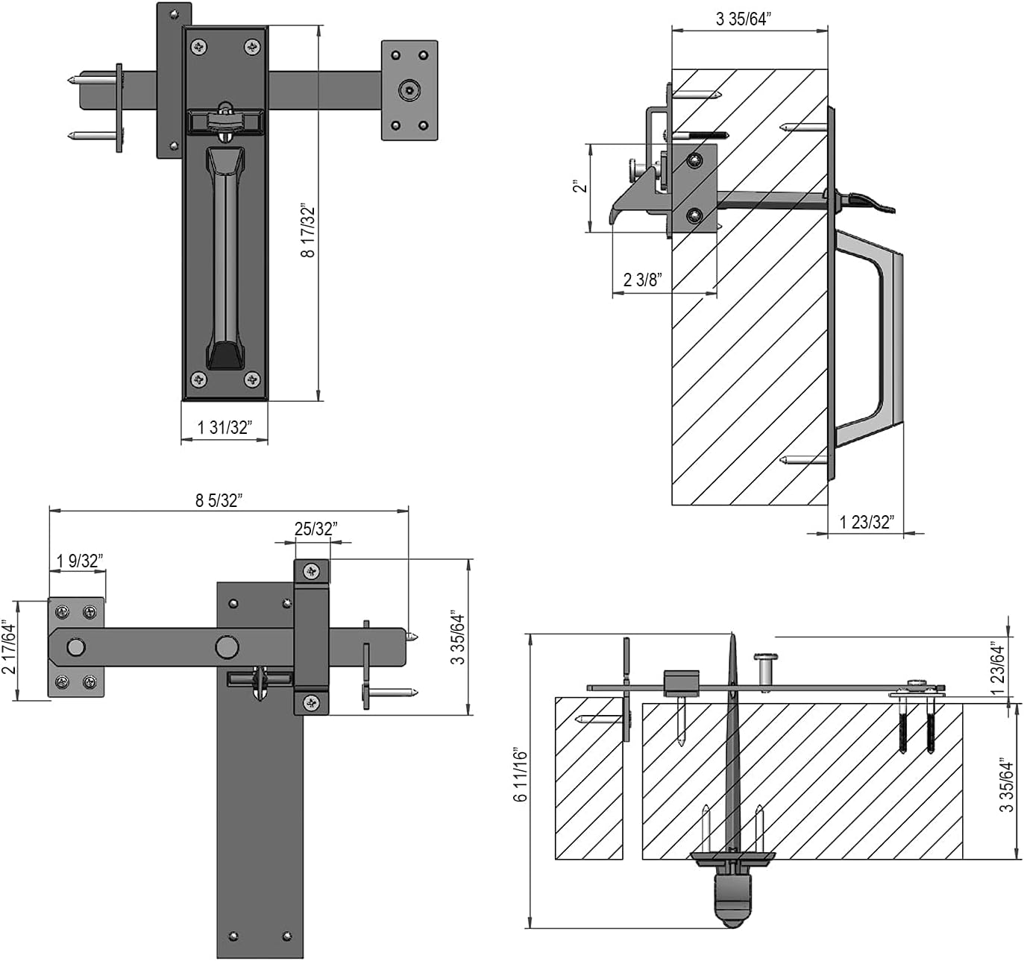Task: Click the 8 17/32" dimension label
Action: click(x=308, y=230)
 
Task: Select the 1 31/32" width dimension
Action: click(x=224, y=427)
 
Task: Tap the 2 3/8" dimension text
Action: click(x=642, y=280)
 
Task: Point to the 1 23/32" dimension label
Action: click(x=866, y=522)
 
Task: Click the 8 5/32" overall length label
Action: click(x=219, y=500)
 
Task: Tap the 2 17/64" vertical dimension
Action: click(x=9, y=647)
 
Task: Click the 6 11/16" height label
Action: click(x=521, y=776)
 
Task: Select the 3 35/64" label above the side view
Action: click(x=741, y=19)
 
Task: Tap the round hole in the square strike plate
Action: click(x=407, y=91)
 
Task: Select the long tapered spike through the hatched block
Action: click(x=733, y=746)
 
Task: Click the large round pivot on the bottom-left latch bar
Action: click(x=227, y=646)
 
